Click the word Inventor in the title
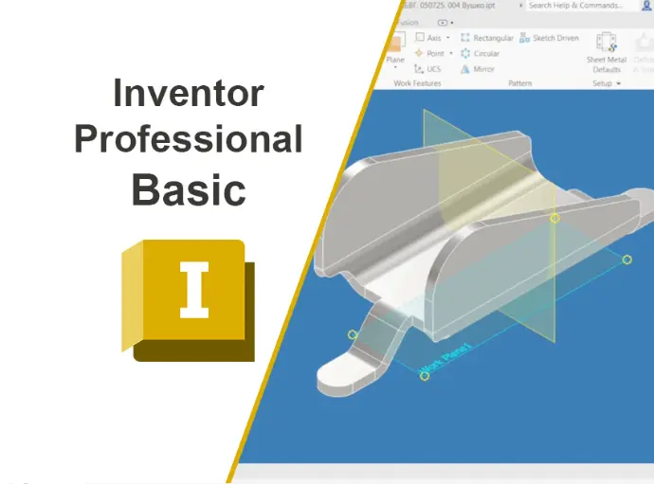188,94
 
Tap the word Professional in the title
188,139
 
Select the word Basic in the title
188,188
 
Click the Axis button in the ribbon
432,38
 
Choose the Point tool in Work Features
432,53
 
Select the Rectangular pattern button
486,38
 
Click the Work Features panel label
416,83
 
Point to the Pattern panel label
519,83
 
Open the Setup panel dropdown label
606,83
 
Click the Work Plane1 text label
446,353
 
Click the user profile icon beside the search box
646,6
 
